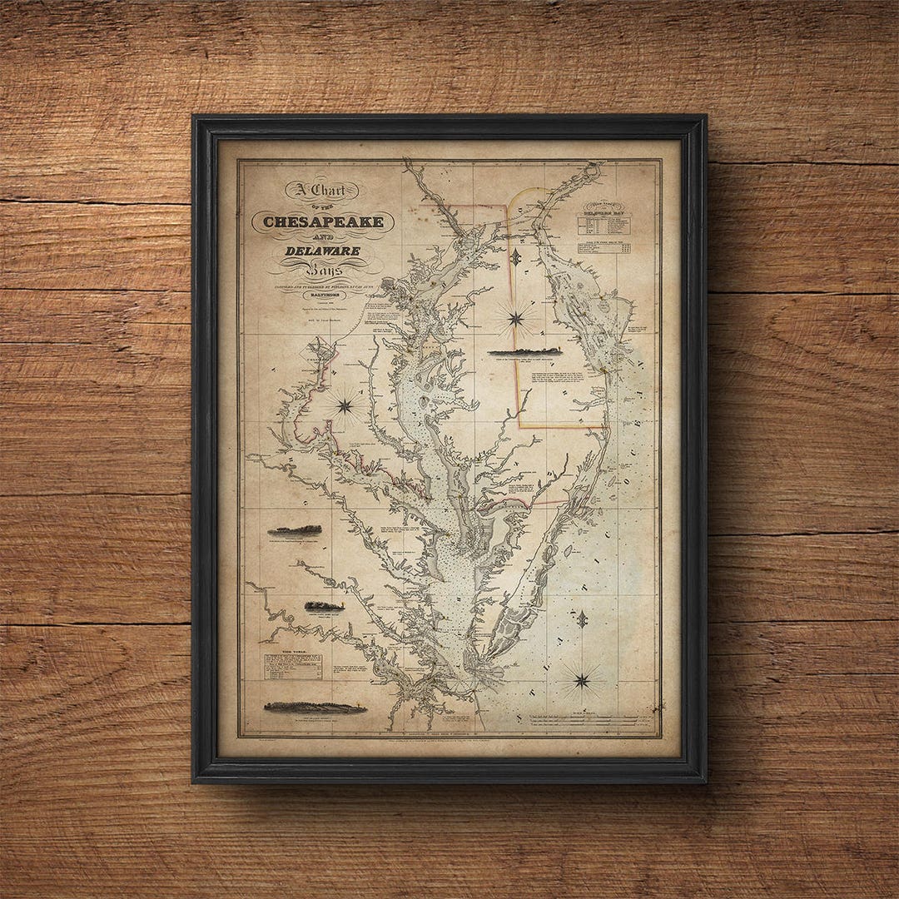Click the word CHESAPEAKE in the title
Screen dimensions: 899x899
(323, 221)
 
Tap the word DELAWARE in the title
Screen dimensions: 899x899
(323, 251)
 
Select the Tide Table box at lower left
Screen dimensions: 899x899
(293, 665)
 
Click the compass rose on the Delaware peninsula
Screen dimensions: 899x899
(516, 317)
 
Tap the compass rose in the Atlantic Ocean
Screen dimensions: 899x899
(582, 681)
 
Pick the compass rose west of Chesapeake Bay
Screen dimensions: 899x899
(344, 405)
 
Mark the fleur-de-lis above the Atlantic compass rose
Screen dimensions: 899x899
(582, 619)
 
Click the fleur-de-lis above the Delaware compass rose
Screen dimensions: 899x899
(516, 258)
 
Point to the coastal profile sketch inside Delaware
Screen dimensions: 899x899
(524, 352)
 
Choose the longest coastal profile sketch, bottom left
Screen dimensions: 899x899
(314, 708)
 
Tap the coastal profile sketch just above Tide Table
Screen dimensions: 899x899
(324, 606)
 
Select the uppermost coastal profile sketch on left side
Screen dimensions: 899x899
(295, 530)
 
